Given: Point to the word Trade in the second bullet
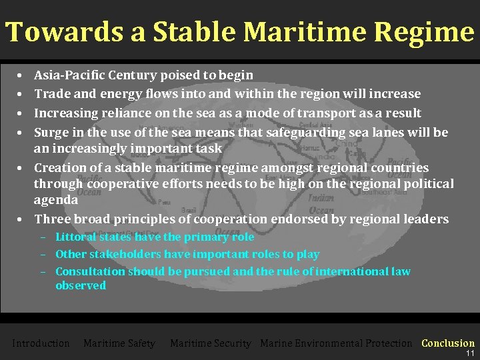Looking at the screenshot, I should pos(51,94).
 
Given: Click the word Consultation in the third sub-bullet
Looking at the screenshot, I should pos(90,271).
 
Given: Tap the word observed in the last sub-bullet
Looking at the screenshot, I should pos(81,285).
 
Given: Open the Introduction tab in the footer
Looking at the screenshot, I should pos(41,343).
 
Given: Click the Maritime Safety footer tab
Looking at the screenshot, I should pos(119,343).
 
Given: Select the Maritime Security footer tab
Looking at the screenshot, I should pos(210,343).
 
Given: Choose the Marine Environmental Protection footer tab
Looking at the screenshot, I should pos(336,343).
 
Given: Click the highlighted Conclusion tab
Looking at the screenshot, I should pos(448,343).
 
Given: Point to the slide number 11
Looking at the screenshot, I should pos(470,353).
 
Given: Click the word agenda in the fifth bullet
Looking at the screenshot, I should pos(56,199).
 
